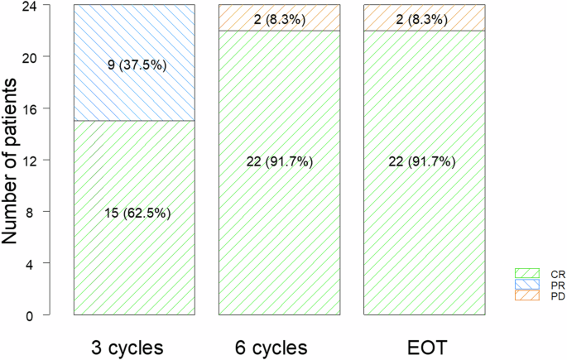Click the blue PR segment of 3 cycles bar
(135, 91)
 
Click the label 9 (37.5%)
(135, 64)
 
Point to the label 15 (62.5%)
(135, 213)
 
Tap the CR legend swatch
(527, 272)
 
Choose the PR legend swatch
(527, 283)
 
